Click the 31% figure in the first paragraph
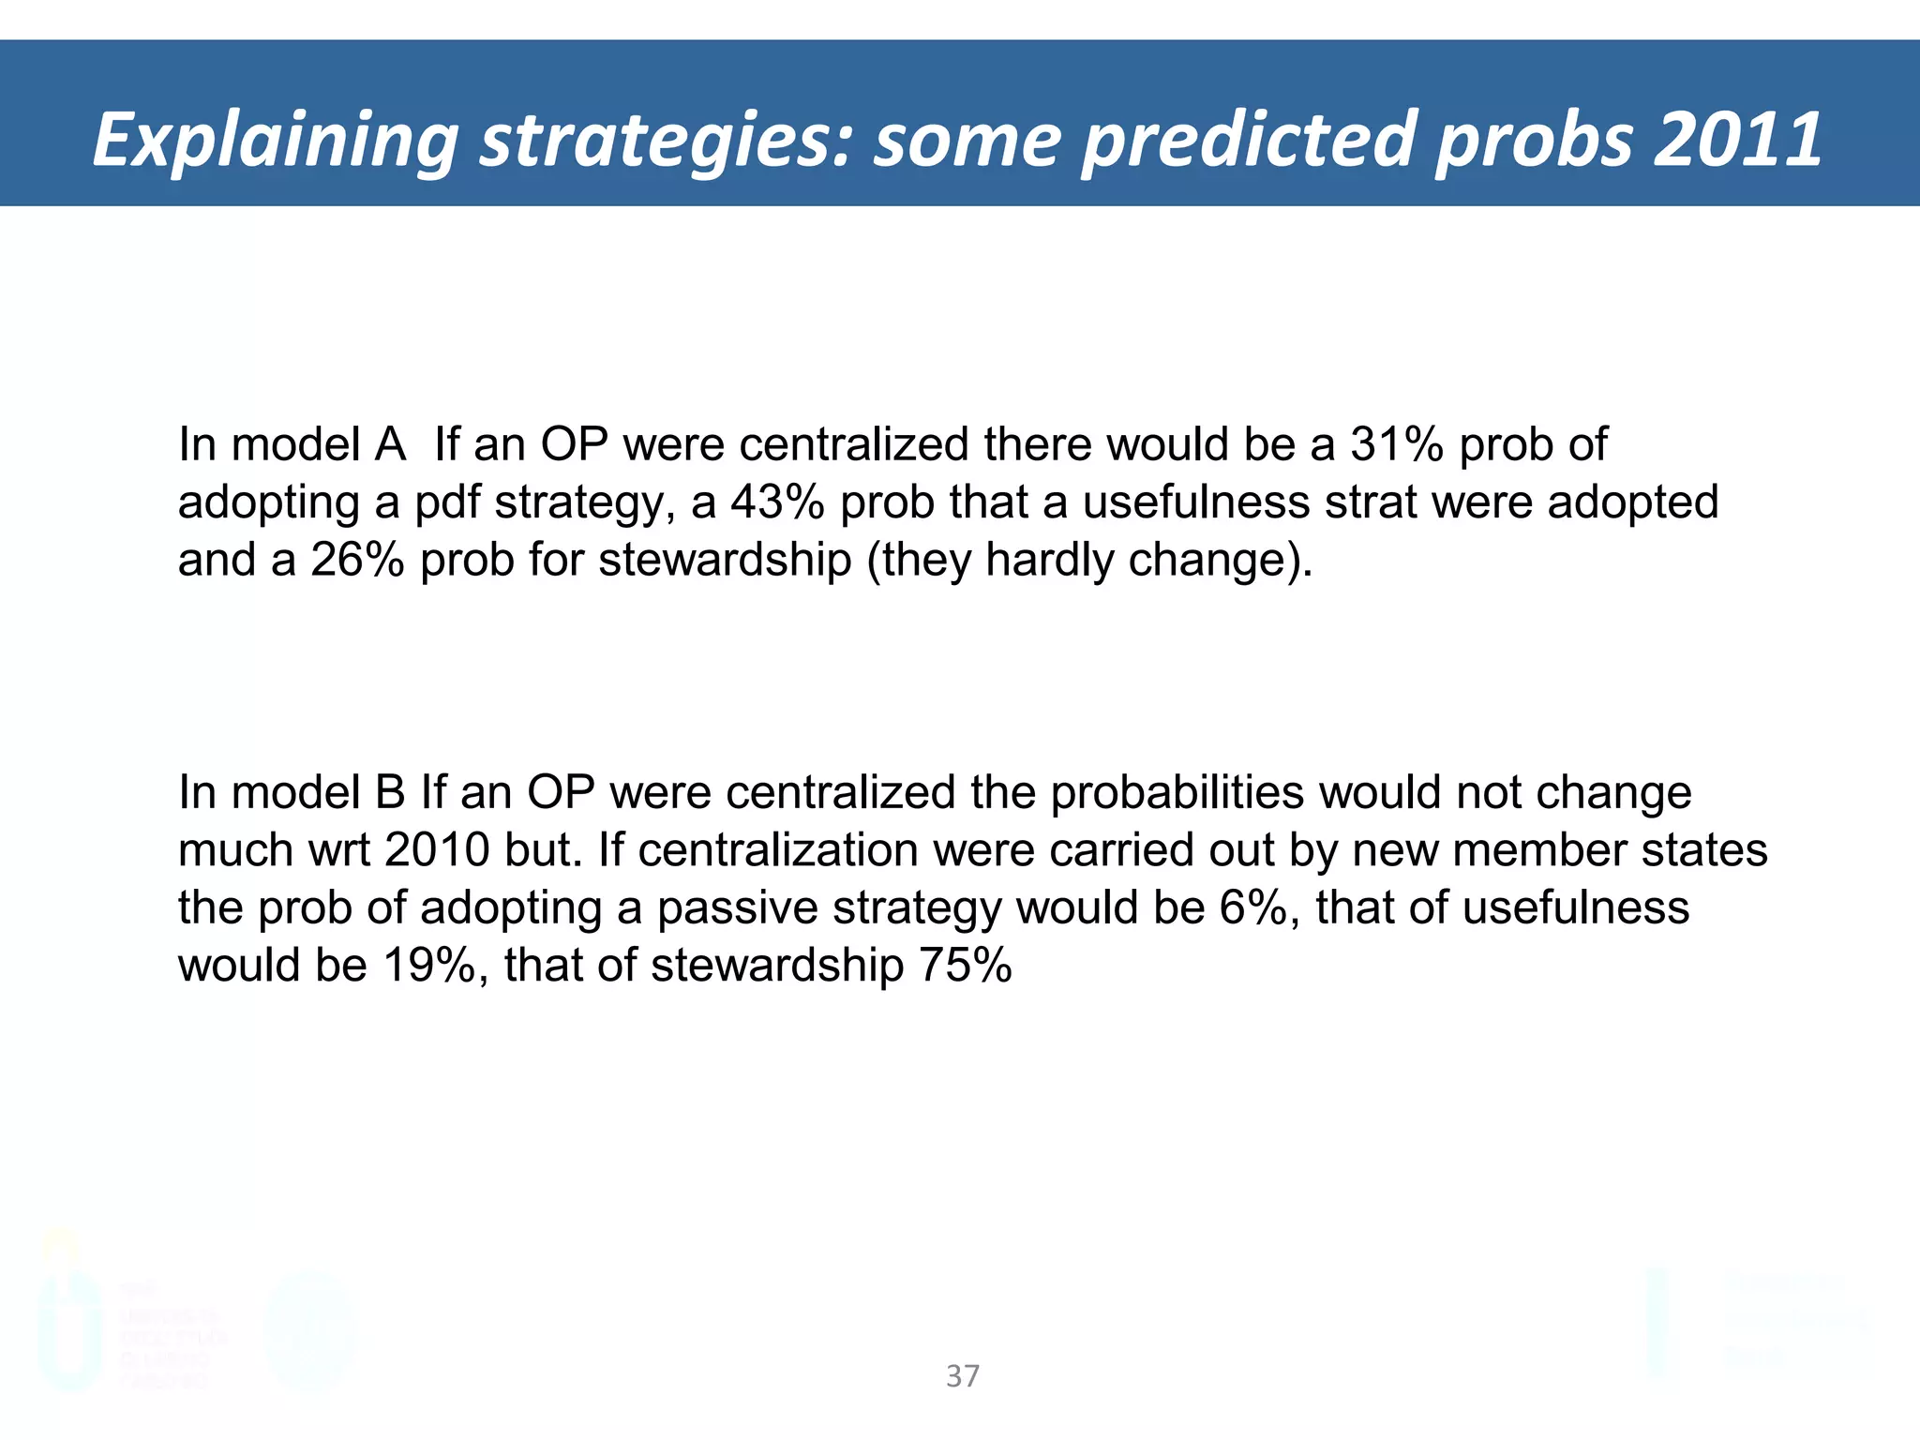pos(1396,444)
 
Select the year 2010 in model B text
pos(437,850)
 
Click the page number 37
pos(963,1375)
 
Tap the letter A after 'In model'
pos(390,444)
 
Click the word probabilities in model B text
pos(1177,792)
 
